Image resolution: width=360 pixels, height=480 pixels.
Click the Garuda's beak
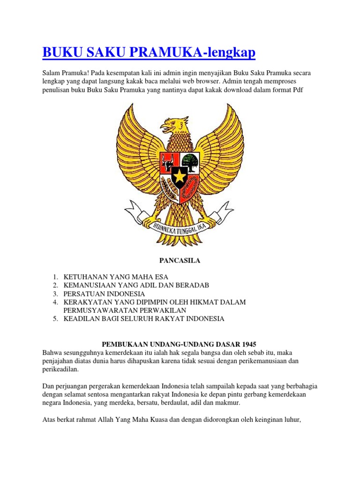(165, 126)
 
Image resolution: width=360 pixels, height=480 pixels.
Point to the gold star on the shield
(180, 176)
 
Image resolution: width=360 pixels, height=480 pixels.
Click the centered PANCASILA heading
(180, 261)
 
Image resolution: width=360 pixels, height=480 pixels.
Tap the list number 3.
(55, 293)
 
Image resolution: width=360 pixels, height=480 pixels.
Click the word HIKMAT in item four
(202, 302)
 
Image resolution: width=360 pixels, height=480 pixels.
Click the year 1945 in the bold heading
(248, 344)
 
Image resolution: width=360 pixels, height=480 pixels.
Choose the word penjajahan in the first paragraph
(58, 360)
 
